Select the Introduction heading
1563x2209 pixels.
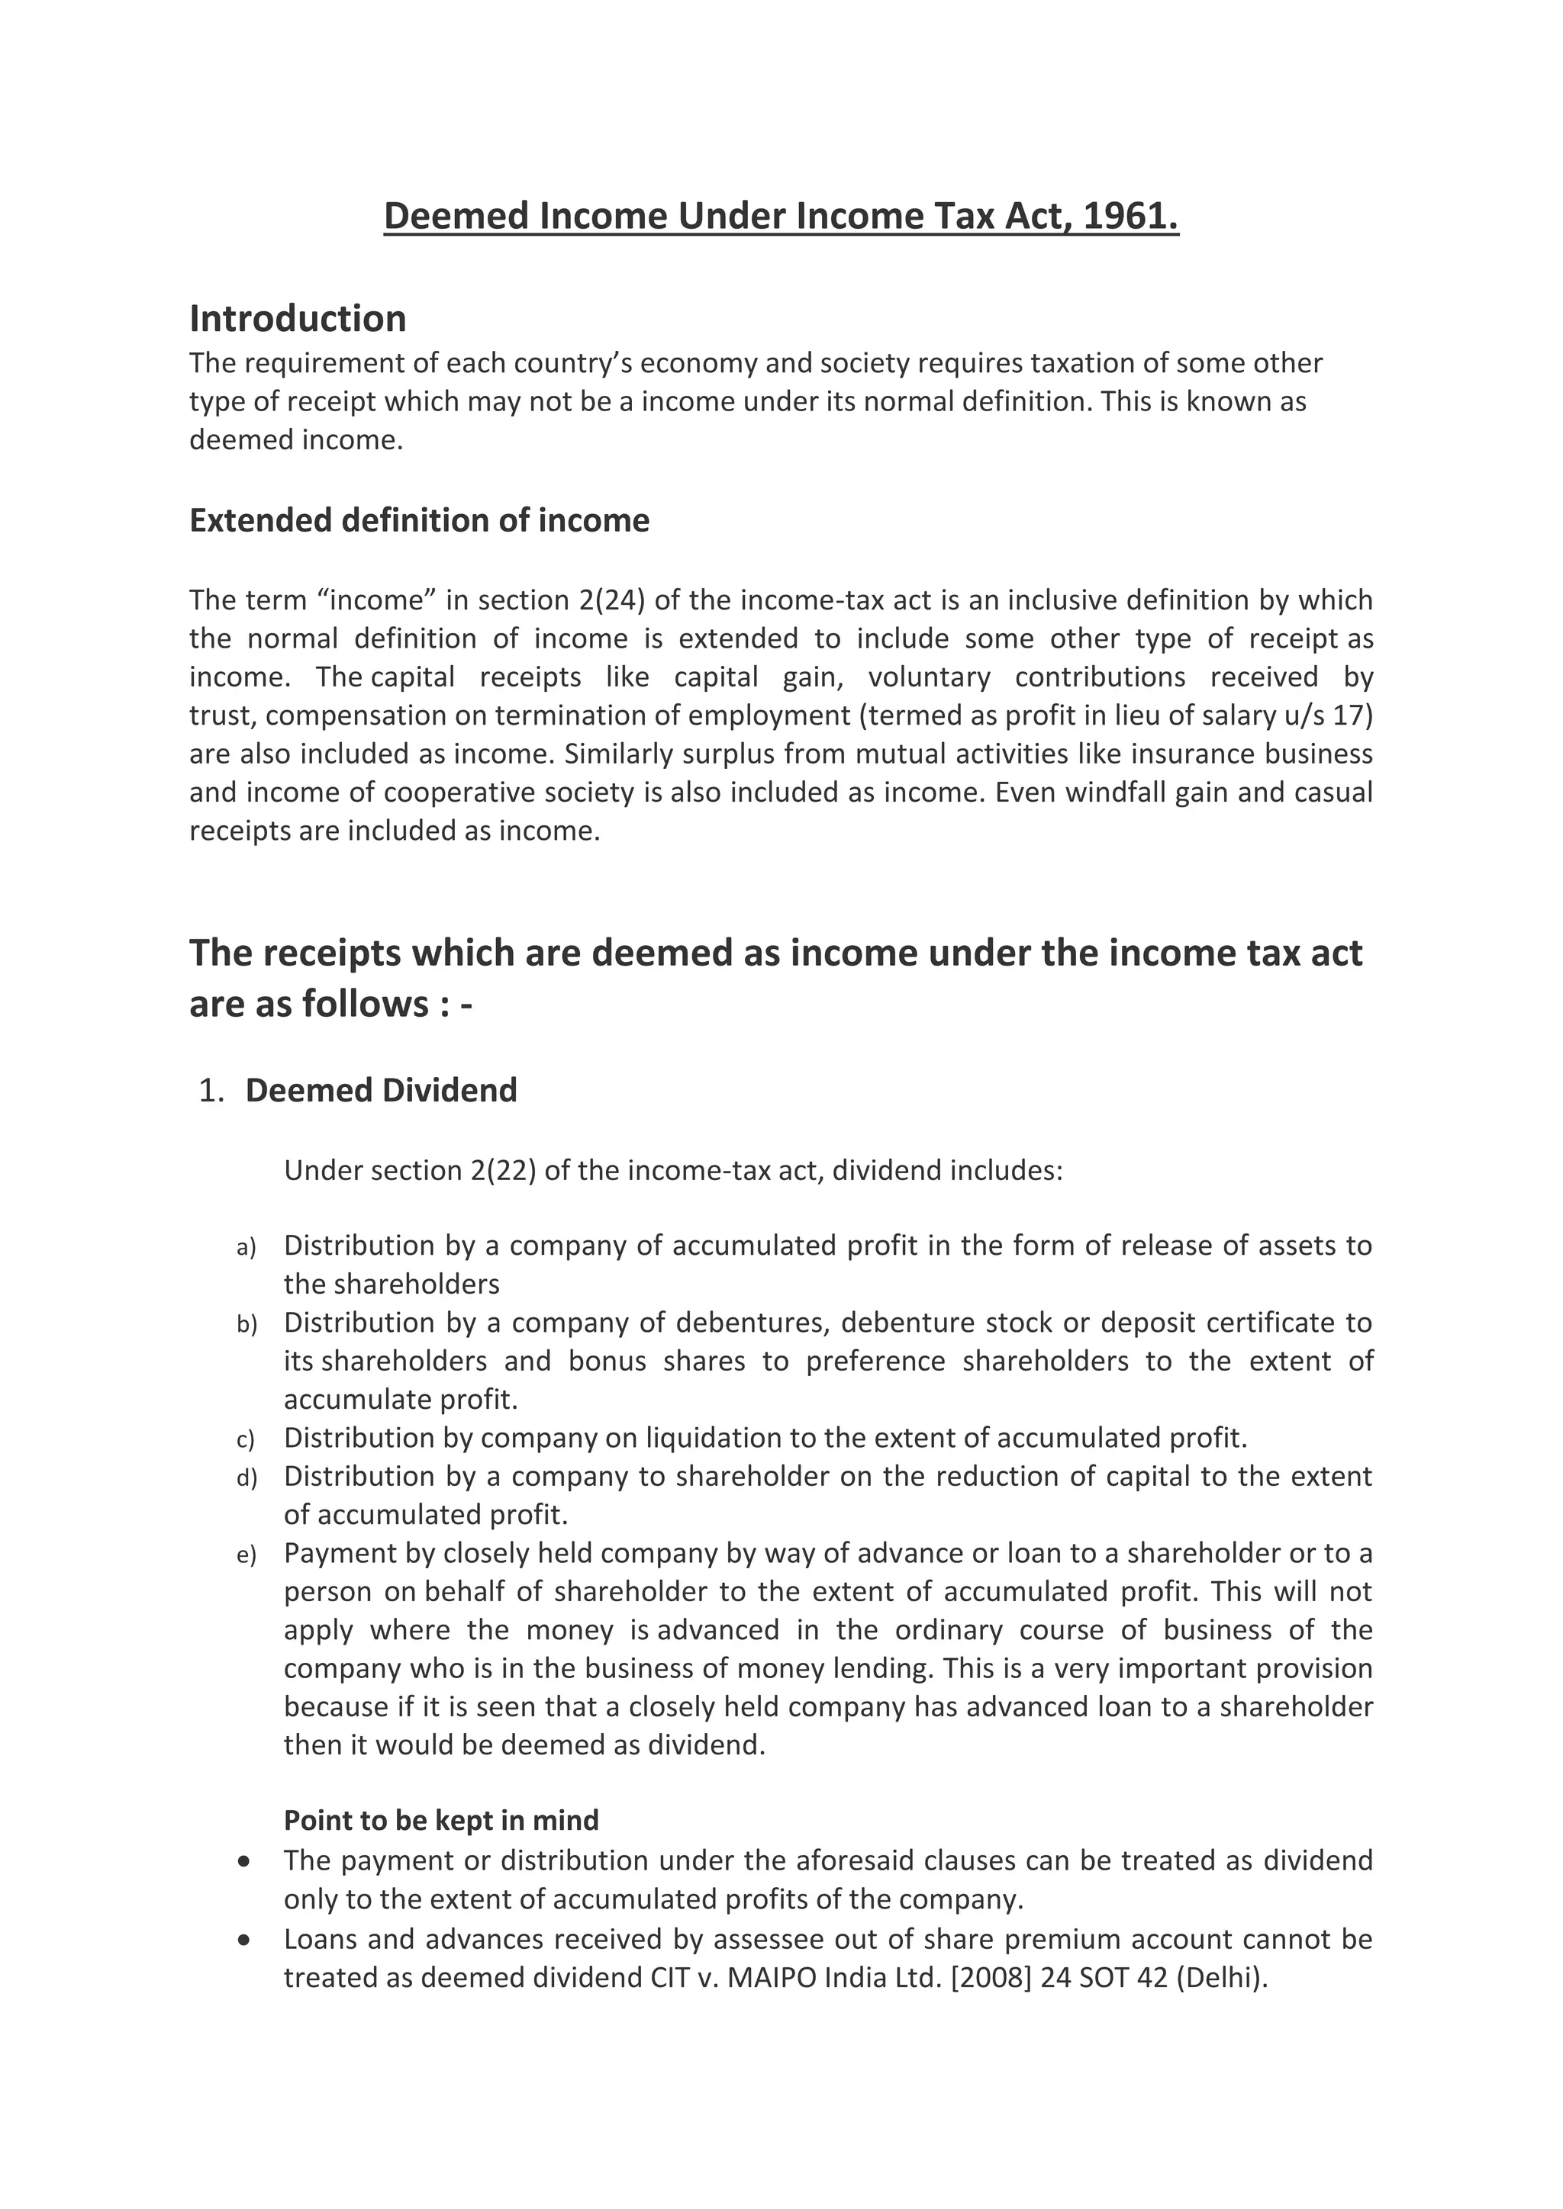pos(298,318)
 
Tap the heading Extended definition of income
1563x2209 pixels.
pos(419,520)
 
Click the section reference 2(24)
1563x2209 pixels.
pos(611,600)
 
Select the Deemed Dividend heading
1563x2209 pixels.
pos(381,1090)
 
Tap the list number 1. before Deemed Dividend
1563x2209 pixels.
pos(211,1090)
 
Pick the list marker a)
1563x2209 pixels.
pos(247,1248)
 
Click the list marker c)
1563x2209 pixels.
pos(246,1440)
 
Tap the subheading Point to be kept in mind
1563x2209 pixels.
pos(441,1820)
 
